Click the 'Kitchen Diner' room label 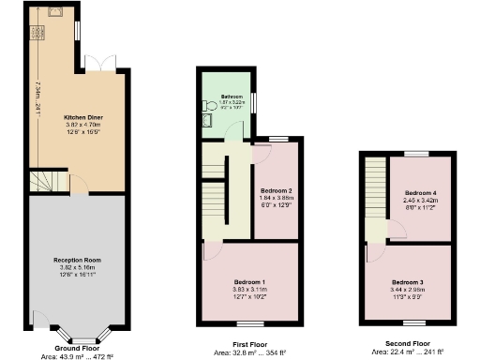point(82,117)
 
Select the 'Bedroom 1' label point(248,282)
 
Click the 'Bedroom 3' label point(408,282)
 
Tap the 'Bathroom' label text point(232,97)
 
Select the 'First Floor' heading point(247,344)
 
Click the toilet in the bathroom point(206,119)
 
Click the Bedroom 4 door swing point(377,228)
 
